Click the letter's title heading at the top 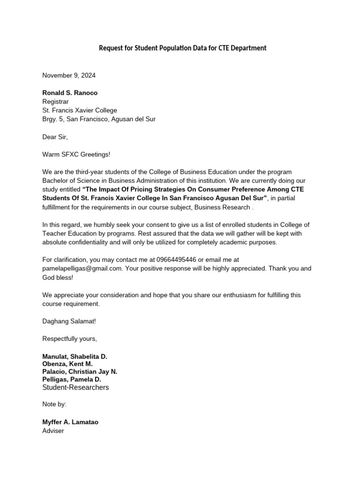[182, 48]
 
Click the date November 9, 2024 [69, 75]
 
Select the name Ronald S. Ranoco [70, 93]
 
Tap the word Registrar [55, 102]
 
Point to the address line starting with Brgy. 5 [99, 119]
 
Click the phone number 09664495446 [179, 259]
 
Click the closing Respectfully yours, [69, 338]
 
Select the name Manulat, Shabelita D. [75, 357]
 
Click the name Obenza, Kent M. [67, 364]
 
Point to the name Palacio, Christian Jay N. [80, 372]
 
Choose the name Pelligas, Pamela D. [72, 379]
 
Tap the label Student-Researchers [75, 387]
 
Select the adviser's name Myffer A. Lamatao [70, 422]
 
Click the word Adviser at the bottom [53, 430]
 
